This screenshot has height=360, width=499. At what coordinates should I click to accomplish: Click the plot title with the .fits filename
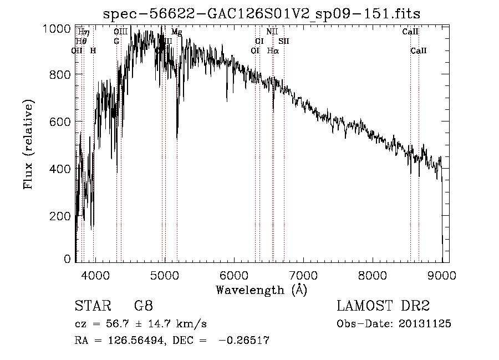(262, 13)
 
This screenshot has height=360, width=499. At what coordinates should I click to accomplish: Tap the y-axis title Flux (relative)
(28, 144)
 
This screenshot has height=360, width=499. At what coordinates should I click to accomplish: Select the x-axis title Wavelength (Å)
(261, 289)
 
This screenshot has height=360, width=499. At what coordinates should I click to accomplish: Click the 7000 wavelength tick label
(303, 274)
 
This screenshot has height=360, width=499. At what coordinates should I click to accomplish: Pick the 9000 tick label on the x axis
(442, 274)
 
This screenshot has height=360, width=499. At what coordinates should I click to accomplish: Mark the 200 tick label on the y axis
(63, 215)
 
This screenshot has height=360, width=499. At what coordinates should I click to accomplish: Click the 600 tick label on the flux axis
(63, 121)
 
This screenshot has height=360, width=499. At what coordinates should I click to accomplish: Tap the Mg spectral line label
(176, 32)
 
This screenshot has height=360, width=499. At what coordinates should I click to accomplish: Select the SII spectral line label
(284, 41)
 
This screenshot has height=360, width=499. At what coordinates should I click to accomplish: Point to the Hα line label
(273, 50)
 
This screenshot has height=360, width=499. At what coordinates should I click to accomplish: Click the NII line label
(272, 32)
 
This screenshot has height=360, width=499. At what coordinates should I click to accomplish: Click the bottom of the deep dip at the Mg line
(177, 138)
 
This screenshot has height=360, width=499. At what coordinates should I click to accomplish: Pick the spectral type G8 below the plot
(144, 306)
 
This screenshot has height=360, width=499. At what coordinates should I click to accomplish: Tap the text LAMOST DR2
(383, 306)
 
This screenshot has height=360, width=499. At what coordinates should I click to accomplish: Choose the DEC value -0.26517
(244, 341)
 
